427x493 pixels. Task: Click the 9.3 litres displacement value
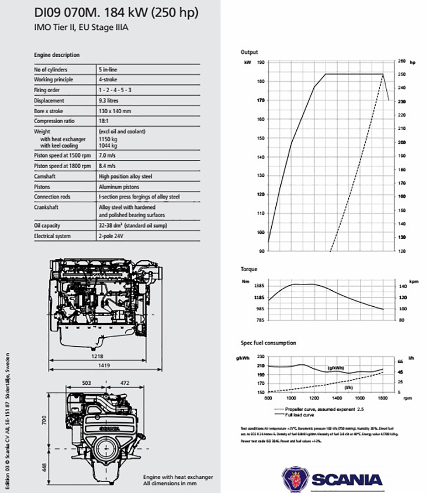pos(109,100)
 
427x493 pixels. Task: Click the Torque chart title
pos(249,269)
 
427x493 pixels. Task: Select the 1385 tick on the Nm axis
pos(259,286)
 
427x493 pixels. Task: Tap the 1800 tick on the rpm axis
pos(382,398)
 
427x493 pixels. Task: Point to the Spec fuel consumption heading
pos(268,343)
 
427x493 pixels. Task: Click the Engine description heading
pos(57,55)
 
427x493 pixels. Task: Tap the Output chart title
pos(249,52)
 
